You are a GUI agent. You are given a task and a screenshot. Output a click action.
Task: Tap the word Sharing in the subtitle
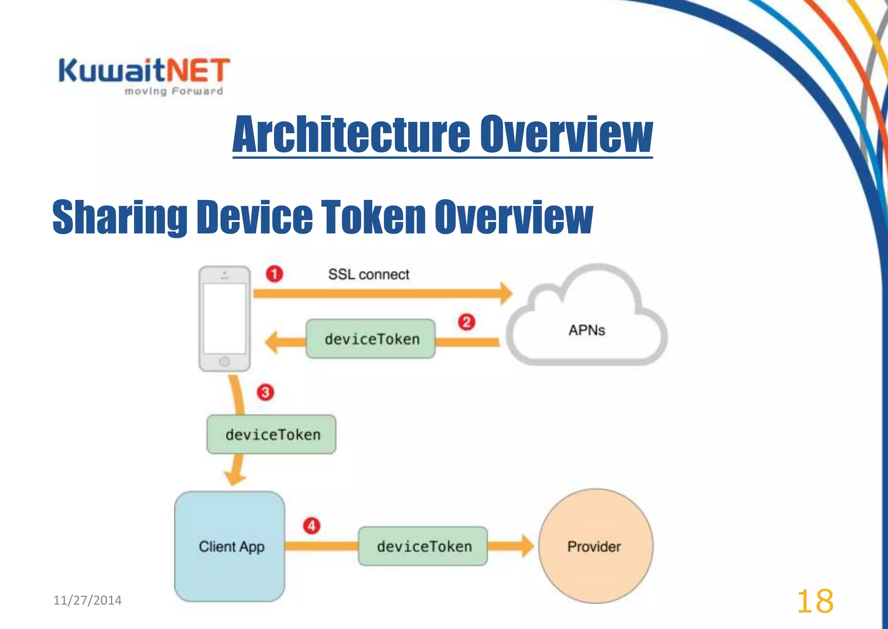[120, 217]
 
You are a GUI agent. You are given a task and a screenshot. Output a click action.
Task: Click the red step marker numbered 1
[274, 274]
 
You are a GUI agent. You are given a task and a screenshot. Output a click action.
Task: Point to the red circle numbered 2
[467, 322]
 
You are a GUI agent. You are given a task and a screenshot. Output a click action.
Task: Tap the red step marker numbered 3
[265, 392]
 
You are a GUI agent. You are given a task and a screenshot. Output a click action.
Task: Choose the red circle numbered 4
[311, 526]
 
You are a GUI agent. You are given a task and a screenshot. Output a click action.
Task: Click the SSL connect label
[369, 274]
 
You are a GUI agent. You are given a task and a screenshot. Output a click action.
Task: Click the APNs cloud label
[587, 330]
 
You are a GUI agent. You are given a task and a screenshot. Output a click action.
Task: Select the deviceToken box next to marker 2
[371, 339]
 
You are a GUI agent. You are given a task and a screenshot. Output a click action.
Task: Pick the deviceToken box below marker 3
[271, 434]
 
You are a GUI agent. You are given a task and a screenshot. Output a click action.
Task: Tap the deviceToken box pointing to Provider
[423, 546]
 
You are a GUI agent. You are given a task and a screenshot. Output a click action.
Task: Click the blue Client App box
[230, 546]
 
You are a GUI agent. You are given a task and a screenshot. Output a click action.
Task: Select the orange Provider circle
[595, 546]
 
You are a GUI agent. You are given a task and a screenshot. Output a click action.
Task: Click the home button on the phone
[225, 362]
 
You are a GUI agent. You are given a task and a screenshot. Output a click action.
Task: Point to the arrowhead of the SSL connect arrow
[506, 293]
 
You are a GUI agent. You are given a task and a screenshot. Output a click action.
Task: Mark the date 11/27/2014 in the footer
[88, 600]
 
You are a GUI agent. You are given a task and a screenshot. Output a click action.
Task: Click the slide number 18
[815, 601]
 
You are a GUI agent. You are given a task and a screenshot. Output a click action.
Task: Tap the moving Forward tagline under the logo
[174, 91]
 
